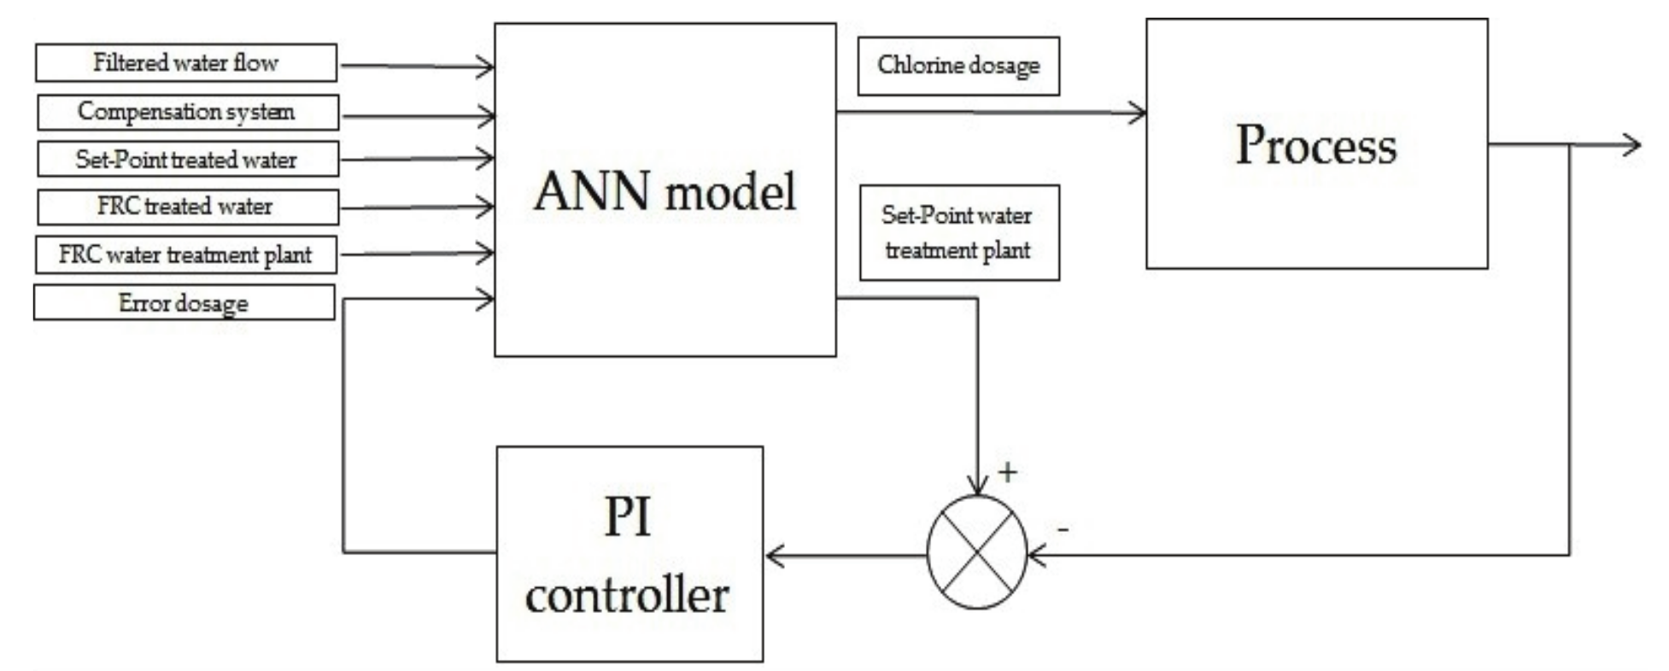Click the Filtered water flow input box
click(185, 63)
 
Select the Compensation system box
click(187, 112)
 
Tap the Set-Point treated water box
click(187, 160)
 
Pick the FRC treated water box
click(187, 207)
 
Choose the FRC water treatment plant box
click(185, 254)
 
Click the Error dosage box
click(184, 303)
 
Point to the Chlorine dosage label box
click(958, 66)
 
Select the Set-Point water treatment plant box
click(958, 232)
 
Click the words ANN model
click(665, 191)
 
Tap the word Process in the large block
click(1315, 145)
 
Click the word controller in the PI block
click(627, 594)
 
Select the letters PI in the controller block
click(627, 516)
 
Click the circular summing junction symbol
click(977, 552)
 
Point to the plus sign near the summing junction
click(1008, 472)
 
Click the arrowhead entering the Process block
click(1138, 112)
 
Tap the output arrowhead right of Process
click(1631, 144)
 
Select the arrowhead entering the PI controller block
click(774, 557)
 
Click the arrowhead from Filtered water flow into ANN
click(486, 66)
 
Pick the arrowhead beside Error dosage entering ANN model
click(486, 299)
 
